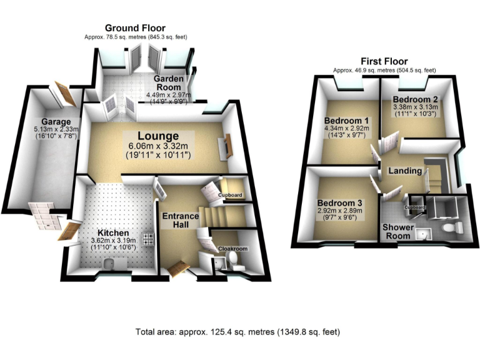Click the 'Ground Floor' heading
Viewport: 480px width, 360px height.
click(135, 27)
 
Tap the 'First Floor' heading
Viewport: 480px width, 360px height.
click(384, 61)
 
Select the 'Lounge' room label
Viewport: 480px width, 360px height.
click(159, 136)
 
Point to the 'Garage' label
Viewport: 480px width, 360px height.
click(56, 121)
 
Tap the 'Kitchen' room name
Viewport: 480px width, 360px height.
click(96, 232)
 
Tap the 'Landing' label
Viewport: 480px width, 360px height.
click(403, 170)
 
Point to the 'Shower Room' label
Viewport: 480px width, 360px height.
click(397, 231)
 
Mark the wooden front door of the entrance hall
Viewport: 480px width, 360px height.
click(178, 267)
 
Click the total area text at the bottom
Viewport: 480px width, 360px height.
click(238, 332)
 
